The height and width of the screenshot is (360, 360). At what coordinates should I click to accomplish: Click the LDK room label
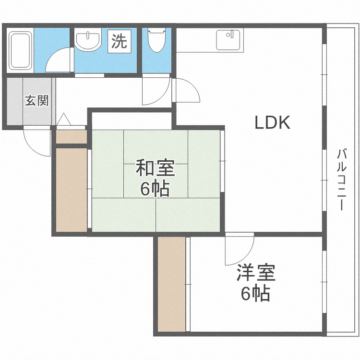point(272,123)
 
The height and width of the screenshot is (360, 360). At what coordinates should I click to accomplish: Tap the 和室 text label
point(155,169)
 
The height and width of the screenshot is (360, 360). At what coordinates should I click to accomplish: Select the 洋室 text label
point(255,274)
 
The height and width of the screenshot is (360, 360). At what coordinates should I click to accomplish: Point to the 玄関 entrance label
point(36,101)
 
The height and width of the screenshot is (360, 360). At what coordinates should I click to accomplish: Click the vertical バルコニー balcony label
point(341,180)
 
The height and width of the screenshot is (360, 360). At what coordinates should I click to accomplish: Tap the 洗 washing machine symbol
point(119,41)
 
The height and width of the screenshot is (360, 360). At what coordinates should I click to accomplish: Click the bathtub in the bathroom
point(20,49)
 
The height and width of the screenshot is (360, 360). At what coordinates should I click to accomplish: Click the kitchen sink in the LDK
point(229,39)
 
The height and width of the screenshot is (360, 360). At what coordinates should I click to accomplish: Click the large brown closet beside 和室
point(70,190)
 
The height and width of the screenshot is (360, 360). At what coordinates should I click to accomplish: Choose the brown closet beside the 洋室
point(171,284)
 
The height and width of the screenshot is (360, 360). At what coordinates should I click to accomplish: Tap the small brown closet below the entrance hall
point(71,136)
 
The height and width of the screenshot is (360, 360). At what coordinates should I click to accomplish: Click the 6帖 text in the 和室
point(155,189)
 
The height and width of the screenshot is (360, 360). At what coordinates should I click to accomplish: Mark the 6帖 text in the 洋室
point(255,293)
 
